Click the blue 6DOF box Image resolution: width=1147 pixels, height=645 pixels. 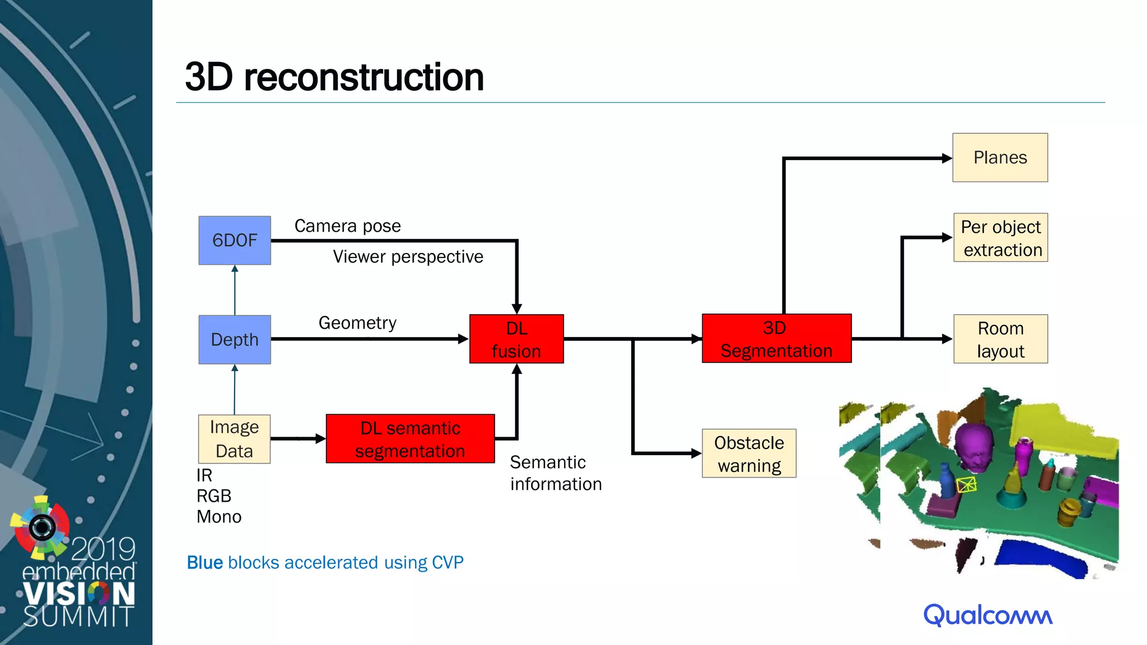[235, 240]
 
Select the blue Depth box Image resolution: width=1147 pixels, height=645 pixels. [235, 339]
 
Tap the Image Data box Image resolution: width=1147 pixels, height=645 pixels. [234, 439]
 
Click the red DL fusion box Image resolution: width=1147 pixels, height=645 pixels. [516, 339]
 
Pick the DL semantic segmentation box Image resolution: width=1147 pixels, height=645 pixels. [410, 439]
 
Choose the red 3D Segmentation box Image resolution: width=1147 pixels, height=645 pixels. [776, 339]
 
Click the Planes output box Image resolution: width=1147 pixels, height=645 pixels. [1000, 157]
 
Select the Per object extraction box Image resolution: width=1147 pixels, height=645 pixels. [1001, 238]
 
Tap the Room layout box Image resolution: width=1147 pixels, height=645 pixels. [1000, 339]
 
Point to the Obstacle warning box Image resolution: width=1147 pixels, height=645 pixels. [749, 454]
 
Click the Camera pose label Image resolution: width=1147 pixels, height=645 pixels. [348, 226]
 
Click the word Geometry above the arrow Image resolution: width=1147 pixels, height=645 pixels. [357, 322]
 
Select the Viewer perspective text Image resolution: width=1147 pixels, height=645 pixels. [408, 256]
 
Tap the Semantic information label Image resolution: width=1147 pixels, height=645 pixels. [556, 473]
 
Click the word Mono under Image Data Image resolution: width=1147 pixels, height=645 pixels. [219, 517]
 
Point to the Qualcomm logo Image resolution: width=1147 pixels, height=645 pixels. [988, 615]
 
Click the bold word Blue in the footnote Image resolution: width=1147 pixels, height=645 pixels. [205, 562]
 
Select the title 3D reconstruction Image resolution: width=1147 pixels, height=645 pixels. [334, 77]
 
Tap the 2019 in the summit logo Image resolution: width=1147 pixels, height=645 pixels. [103, 549]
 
